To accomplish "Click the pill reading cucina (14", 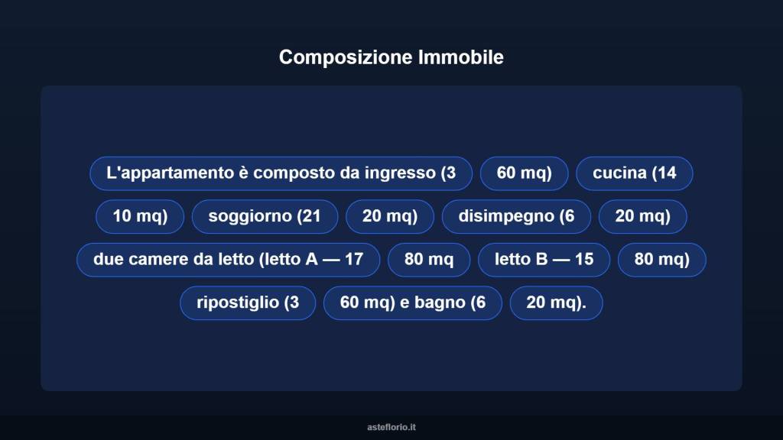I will click(634, 173).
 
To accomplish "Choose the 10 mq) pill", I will click(139, 217).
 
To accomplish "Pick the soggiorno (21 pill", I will click(264, 217).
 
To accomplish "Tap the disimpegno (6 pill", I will click(516, 217).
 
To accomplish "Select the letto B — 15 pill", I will click(544, 260).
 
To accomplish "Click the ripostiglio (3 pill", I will click(247, 303).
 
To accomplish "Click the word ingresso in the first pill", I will click(401, 173).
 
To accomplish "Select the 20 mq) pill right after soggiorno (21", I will click(390, 217).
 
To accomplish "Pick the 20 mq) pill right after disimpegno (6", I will click(642, 217).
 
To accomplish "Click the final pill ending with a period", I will click(556, 303).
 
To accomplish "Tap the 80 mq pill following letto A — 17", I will click(428, 260).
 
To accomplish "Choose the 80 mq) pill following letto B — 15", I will click(661, 260).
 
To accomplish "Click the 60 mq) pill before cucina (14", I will click(524, 173).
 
